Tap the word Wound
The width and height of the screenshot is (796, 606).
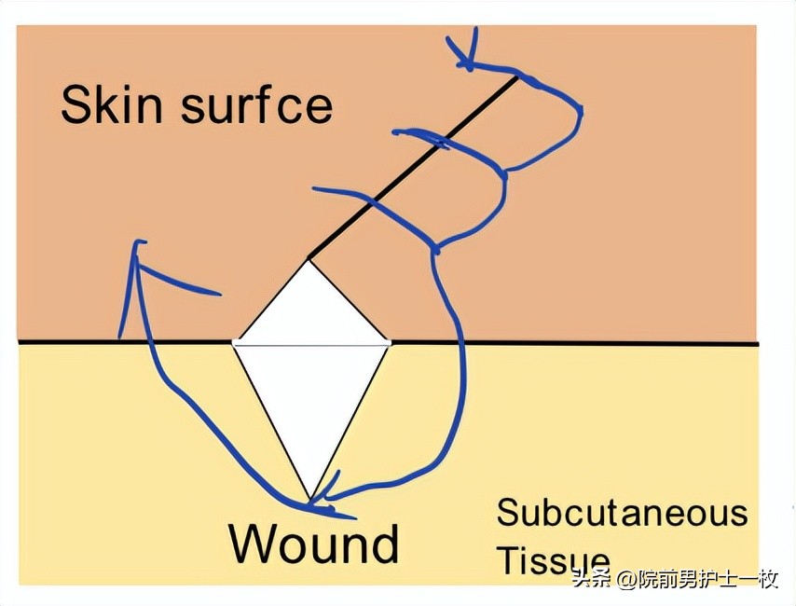pos(314,543)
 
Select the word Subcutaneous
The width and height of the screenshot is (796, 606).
pos(622,514)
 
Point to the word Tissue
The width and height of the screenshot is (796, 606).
pos(554,561)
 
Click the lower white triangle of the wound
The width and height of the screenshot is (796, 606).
pos(310,401)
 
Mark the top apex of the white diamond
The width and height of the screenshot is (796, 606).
pos(309,259)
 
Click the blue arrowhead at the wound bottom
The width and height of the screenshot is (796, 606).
pos(317,504)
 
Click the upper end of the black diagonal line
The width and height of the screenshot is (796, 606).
pos(516,77)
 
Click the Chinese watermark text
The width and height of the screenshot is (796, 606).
pos(675,579)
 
